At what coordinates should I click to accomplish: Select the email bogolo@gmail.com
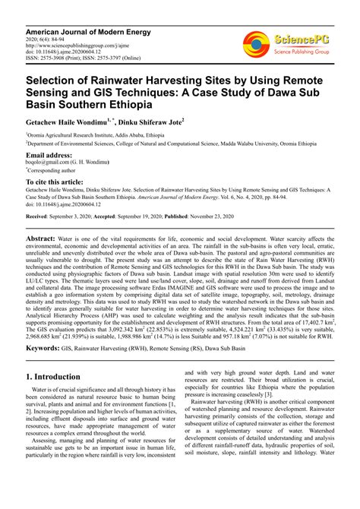(46, 163)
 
